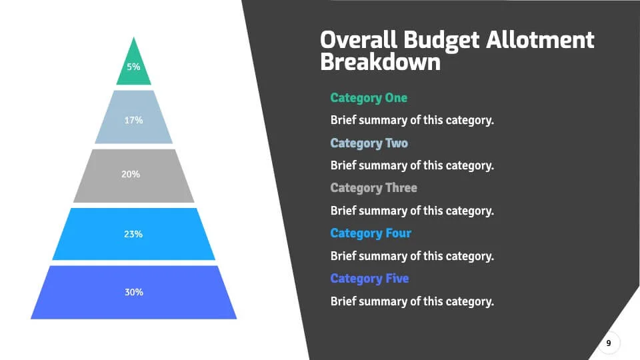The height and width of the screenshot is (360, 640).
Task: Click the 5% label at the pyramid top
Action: [x=133, y=67]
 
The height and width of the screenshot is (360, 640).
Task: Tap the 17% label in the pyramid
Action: [x=133, y=121]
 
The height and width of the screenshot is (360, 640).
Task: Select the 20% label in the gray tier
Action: [x=131, y=174]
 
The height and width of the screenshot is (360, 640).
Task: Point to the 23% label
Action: [x=133, y=234]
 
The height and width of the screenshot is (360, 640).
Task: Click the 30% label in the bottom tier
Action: [x=133, y=292]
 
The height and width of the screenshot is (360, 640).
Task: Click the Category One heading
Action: [x=369, y=98]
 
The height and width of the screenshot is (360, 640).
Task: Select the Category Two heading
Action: [x=369, y=143]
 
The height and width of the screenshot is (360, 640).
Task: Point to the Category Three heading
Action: [x=373, y=188]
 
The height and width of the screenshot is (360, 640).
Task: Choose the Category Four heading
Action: [x=371, y=233]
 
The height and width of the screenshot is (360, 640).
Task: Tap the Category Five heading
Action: [x=369, y=279]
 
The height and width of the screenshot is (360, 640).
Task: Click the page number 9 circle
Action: [x=608, y=343]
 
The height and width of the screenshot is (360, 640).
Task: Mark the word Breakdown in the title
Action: [x=380, y=62]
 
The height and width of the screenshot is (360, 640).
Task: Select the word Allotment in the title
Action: [x=539, y=40]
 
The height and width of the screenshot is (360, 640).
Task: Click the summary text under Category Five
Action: [x=412, y=301]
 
